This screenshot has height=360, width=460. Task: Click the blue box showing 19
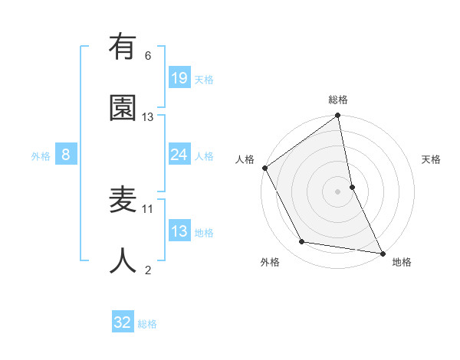tap(179, 77)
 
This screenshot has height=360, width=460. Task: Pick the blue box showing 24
tap(179, 155)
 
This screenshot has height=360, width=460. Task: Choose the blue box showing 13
tap(179, 231)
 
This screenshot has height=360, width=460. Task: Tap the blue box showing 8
tap(66, 155)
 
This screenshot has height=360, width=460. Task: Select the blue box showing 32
tap(123, 322)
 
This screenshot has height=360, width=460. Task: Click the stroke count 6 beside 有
tap(148, 56)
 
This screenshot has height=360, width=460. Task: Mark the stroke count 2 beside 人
tap(148, 270)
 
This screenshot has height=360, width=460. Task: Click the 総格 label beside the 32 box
tap(148, 324)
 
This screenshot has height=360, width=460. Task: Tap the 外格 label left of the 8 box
tap(41, 156)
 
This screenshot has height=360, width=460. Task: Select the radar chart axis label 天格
tap(431, 159)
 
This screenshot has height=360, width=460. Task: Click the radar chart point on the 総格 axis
tap(338, 116)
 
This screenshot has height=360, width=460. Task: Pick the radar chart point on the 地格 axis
tap(382, 252)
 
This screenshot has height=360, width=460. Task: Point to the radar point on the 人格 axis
tap(265, 168)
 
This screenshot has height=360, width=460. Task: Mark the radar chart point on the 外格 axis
tap(302, 242)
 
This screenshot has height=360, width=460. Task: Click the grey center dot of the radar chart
tap(338, 191)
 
